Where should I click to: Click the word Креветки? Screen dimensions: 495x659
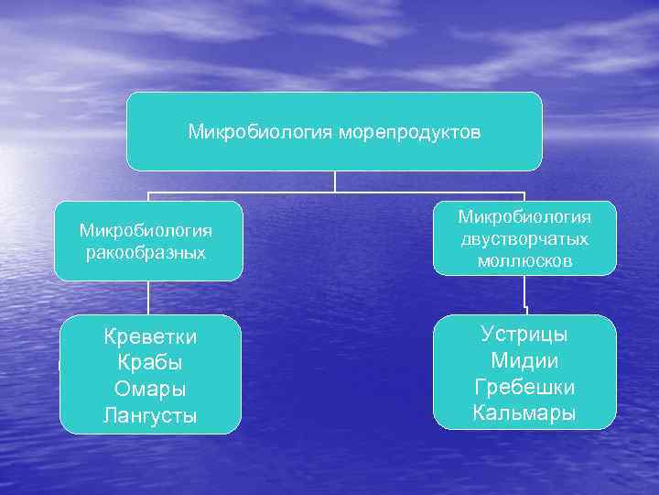[x=150, y=337]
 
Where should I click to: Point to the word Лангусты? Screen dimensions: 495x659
[x=150, y=414]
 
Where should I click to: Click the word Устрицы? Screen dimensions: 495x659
[x=524, y=334]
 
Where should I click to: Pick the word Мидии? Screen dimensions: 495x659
[x=524, y=360]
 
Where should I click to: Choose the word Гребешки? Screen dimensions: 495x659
[x=524, y=386]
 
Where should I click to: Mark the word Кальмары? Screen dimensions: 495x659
[x=524, y=412]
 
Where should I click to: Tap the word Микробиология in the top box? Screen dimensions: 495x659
[x=261, y=133]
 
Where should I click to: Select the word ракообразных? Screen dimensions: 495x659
[x=146, y=251]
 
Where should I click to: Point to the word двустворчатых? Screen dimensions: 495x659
[x=524, y=239]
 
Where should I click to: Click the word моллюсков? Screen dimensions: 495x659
[x=524, y=261]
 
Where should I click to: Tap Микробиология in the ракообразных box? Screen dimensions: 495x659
[x=146, y=229]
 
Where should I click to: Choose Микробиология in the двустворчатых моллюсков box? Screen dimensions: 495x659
[x=524, y=217]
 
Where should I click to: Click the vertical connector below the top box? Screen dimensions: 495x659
[x=335, y=181]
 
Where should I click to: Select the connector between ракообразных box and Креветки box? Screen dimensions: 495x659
[x=148, y=298]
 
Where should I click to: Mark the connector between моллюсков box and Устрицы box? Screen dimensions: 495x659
[x=525, y=295]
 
